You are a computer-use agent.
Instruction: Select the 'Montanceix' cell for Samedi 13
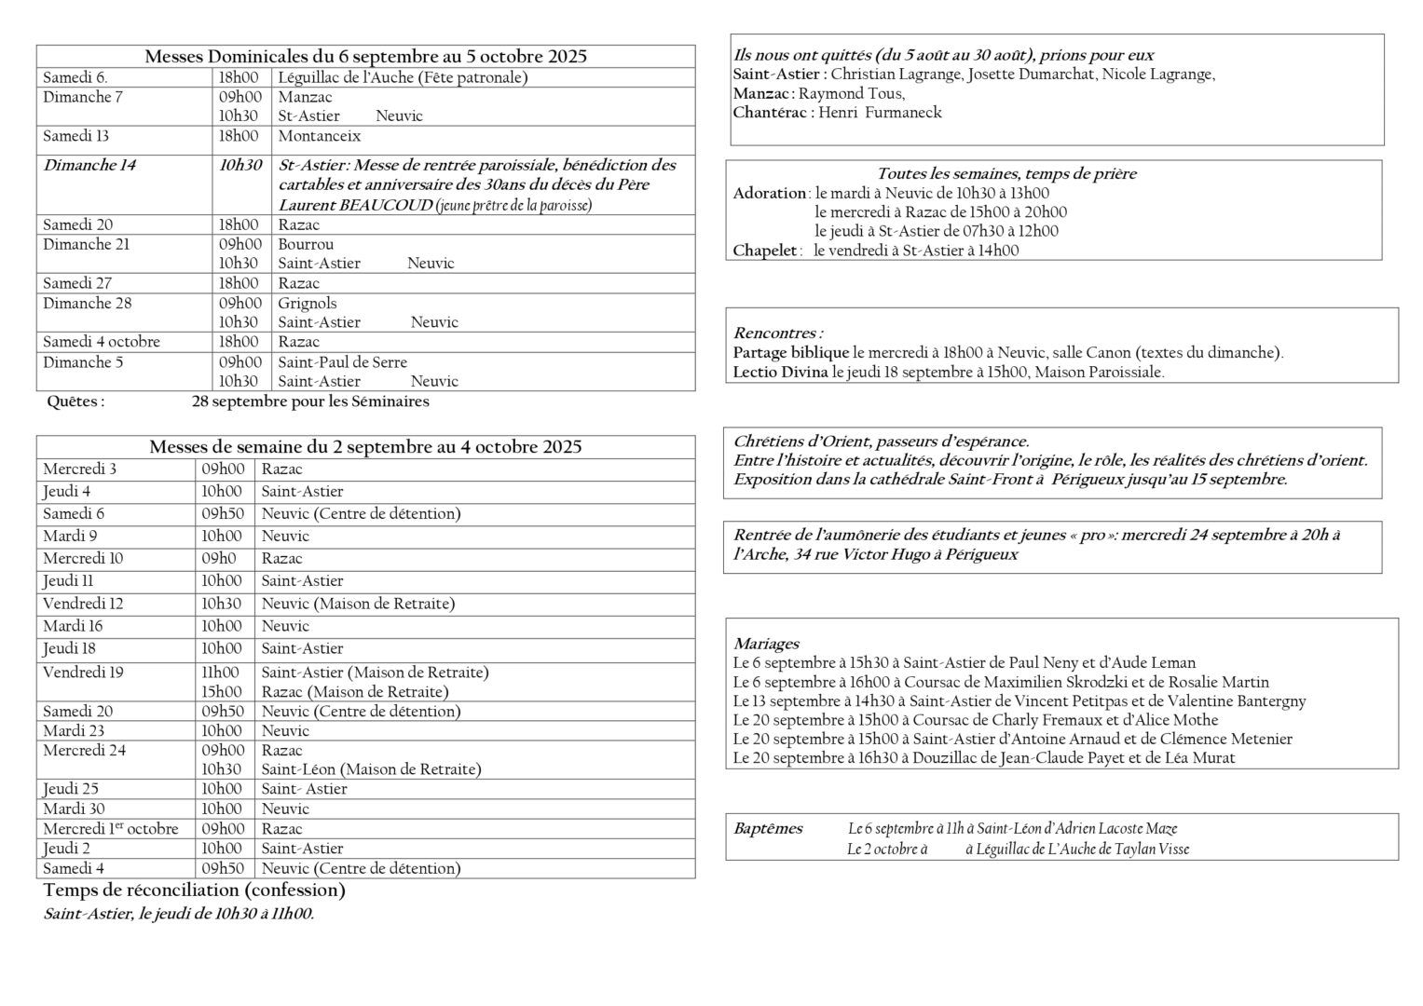click(x=319, y=136)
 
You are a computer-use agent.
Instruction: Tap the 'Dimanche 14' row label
click(x=89, y=166)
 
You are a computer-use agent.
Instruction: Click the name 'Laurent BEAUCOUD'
click(x=356, y=204)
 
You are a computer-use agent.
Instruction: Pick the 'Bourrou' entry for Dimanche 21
click(x=306, y=244)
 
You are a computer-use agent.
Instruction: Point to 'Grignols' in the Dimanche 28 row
click(x=308, y=303)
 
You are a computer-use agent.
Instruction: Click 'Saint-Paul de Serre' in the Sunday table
click(x=342, y=361)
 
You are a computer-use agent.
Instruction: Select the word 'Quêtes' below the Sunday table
click(x=75, y=401)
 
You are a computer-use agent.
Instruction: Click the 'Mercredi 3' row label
click(x=80, y=469)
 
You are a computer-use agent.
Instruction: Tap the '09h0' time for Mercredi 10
click(x=218, y=558)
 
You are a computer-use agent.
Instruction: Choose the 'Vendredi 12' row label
click(x=83, y=603)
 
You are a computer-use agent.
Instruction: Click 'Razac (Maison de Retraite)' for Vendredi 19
click(x=354, y=691)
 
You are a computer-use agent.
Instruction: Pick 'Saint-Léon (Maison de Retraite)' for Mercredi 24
click(x=371, y=768)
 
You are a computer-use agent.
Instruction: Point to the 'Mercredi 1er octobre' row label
click(x=110, y=828)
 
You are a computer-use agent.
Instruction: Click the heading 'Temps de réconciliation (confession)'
click(x=194, y=890)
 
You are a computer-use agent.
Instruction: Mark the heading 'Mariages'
click(x=766, y=644)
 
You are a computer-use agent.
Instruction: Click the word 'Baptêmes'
click(x=768, y=828)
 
